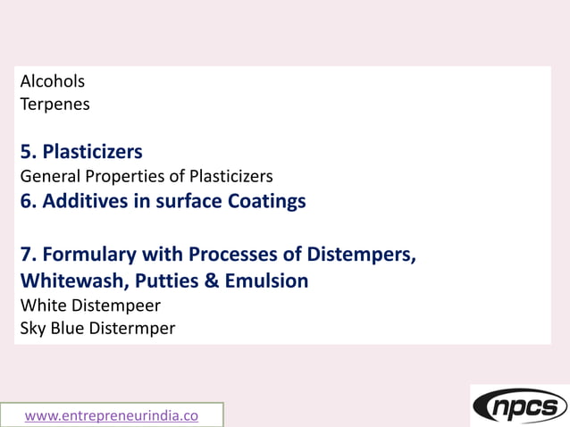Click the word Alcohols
click(x=53, y=81)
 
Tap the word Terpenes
click(x=54, y=104)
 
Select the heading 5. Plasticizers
click(x=81, y=151)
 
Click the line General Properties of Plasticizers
click(x=147, y=176)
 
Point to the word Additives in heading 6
click(x=87, y=201)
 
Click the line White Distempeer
click(x=90, y=306)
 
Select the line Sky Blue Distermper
click(x=97, y=328)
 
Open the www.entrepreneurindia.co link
click(x=112, y=415)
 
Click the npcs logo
click(x=519, y=406)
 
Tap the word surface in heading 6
click(x=185, y=201)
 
